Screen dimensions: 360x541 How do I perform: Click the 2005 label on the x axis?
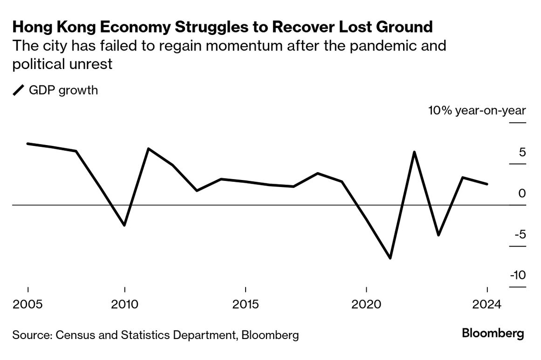27,305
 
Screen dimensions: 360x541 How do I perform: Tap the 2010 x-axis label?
124,305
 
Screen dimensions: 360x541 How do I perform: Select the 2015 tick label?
245,305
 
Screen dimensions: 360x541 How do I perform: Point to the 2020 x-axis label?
366,305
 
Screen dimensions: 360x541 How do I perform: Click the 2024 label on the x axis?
487,305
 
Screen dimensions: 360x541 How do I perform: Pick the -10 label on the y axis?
518,275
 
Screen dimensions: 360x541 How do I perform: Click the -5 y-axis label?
520,234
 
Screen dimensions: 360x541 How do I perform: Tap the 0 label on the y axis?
522,193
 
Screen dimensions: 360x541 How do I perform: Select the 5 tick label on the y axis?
522,152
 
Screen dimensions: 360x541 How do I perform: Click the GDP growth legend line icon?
18,90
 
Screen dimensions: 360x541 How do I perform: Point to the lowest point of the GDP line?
390,258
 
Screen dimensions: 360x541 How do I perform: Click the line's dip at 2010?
124,225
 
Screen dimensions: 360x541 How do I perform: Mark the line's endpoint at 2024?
487,184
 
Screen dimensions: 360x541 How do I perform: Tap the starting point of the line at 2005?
28,144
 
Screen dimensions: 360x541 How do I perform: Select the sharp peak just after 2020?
414,152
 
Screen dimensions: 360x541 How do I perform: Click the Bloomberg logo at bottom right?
493,334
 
